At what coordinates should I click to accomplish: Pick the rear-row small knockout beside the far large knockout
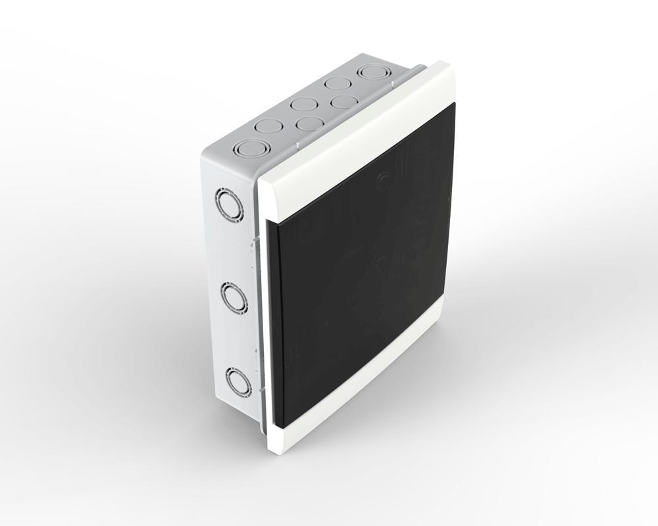[337, 84]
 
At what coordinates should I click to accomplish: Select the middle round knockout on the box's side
[233, 297]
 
